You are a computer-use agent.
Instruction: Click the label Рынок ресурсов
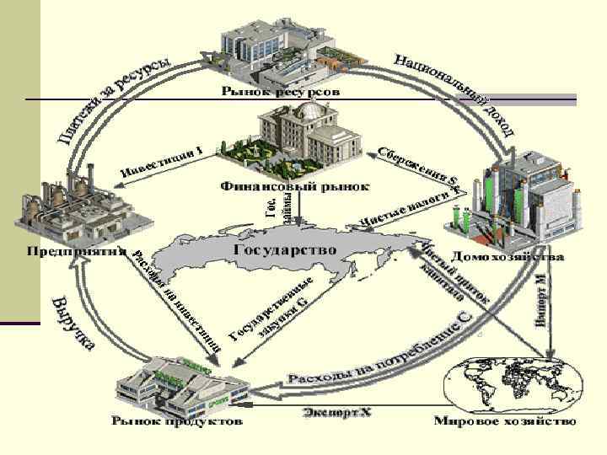[281, 90]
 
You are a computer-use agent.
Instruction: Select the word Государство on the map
[283, 250]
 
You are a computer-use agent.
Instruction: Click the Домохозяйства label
[506, 254]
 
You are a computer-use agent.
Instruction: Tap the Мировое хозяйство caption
[505, 420]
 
